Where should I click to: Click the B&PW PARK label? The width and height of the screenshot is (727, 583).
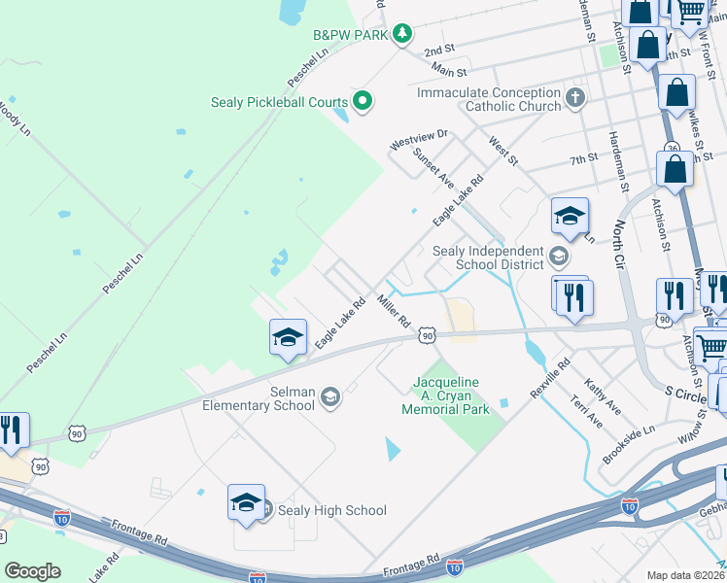point(349,35)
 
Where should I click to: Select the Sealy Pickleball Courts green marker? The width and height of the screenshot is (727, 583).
point(363,100)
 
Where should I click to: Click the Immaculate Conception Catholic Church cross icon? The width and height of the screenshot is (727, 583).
point(575,99)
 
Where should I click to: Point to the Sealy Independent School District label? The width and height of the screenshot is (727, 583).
point(487,257)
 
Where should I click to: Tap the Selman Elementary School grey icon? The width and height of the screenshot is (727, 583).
point(330,396)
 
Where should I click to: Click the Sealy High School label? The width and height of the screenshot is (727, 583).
point(332,510)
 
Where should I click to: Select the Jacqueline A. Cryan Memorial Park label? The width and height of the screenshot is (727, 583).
point(446,395)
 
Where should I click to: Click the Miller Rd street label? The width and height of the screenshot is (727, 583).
point(395,310)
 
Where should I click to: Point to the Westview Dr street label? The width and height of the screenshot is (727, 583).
point(418,140)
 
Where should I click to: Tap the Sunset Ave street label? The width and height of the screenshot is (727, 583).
point(433,166)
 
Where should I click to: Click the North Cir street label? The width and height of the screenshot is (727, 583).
point(619,244)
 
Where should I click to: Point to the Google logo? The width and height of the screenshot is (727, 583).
point(32,571)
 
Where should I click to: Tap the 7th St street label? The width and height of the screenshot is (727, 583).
point(584,158)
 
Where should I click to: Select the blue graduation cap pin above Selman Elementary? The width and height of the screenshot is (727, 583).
point(289,337)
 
